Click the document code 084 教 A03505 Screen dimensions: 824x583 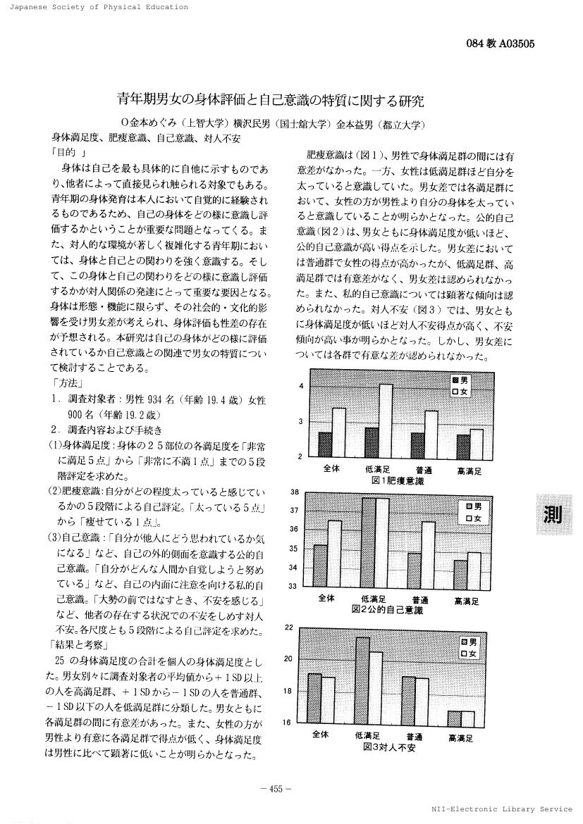tap(501, 44)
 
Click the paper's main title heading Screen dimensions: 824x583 tap(271, 101)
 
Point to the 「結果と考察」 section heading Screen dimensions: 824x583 tap(79, 644)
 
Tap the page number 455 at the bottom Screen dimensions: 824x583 tap(271, 789)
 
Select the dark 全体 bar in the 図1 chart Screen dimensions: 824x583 tap(325, 444)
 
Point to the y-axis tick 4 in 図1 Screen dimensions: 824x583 tap(302, 387)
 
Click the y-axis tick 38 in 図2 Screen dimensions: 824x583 tap(295, 492)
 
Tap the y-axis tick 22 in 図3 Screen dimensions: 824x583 tap(289, 627)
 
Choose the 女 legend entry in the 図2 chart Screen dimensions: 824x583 tap(471, 518)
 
